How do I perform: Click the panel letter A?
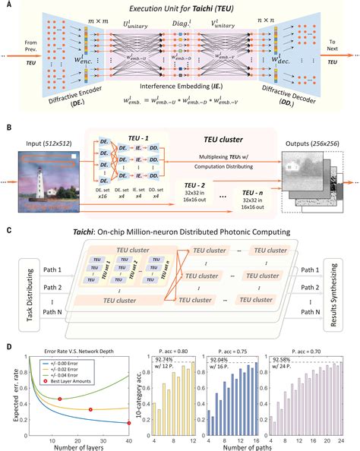point(7,5)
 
